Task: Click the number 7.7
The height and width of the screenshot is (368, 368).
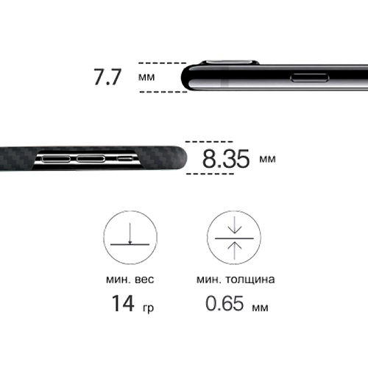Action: click(107, 77)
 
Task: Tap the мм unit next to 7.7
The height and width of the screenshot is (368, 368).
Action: click(146, 77)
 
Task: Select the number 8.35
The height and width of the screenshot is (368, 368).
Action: click(226, 159)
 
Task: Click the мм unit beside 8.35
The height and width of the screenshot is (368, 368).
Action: click(267, 159)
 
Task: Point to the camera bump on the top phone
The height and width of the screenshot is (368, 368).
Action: click(230, 63)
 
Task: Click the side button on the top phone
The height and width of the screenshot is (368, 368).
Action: click(309, 78)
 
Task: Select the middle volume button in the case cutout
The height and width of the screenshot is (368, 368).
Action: click(91, 159)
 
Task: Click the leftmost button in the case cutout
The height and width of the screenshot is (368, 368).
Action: click(56, 159)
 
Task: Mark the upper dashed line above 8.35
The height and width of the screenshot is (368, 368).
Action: click(209, 142)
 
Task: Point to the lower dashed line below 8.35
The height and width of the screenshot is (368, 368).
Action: click(210, 174)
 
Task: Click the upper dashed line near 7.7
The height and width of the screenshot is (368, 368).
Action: click(163, 63)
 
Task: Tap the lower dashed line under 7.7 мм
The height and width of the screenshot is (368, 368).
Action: click(163, 92)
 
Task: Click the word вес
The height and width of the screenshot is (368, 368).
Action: click(144, 280)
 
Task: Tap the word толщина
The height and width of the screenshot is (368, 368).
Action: click(250, 280)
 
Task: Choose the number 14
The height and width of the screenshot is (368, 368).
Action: click(123, 303)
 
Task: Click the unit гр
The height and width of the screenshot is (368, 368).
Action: click(148, 308)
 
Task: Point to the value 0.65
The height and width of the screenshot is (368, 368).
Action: click(224, 303)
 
